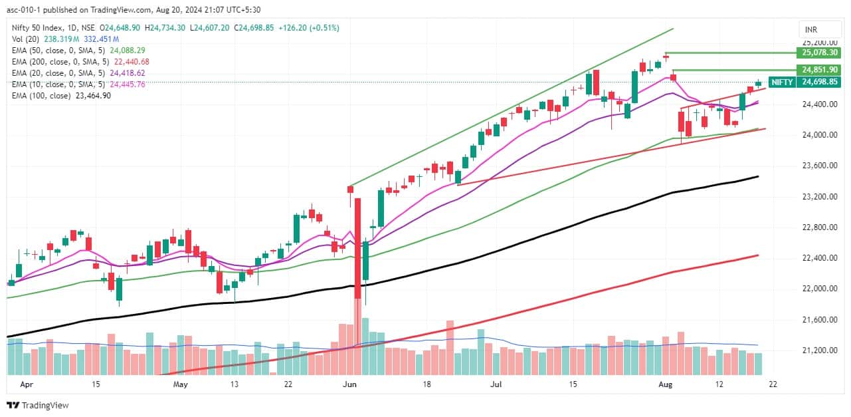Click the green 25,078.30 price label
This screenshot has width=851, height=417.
(x=820, y=53)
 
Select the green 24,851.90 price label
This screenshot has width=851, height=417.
(x=820, y=70)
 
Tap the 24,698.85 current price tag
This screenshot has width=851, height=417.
(x=820, y=82)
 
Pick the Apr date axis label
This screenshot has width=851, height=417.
(x=27, y=384)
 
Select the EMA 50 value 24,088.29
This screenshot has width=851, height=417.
(x=129, y=50)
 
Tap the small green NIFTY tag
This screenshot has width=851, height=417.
(x=782, y=82)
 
